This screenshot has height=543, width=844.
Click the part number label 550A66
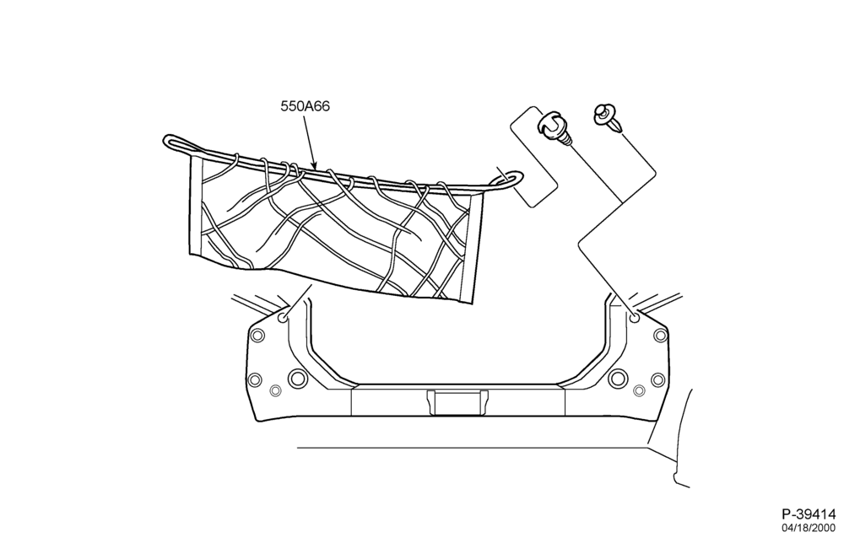tap(305, 106)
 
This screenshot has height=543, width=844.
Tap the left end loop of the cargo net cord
tap(177, 143)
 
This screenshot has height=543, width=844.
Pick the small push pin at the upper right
tap(609, 118)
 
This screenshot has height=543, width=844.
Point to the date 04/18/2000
tap(809, 528)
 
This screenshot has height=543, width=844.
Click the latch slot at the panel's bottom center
tap(457, 402)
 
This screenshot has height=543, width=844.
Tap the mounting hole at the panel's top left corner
tap(283, 318)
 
